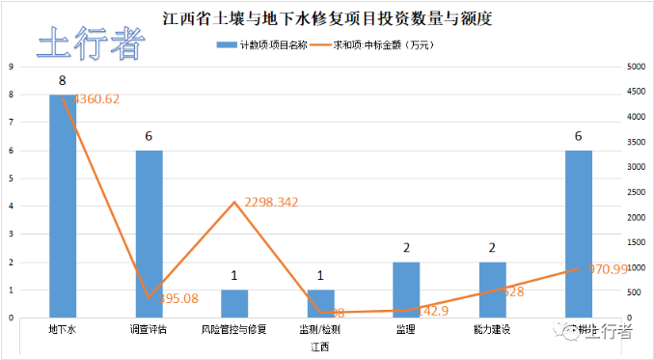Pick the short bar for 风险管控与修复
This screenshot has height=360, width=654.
[x=234, y=303]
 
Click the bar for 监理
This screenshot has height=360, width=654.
[x=406, y=290]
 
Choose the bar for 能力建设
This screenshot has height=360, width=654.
[x=492, y=290]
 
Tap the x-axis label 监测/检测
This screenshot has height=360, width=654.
[x=320, y=329]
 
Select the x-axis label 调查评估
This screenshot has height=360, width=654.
[x=149, y=329]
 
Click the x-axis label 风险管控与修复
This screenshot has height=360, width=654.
[x=234, y=329]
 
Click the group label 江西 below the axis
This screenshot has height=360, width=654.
[x=320, y=346]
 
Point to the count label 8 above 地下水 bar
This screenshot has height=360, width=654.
[x=63, y=79]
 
